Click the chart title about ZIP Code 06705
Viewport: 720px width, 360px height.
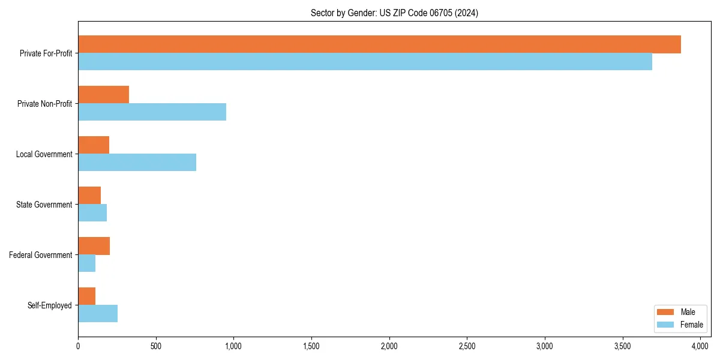pyautogui.click(x=394, y=13)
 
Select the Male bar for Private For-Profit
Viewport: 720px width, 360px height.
pyautogui.click(x=379, y=44)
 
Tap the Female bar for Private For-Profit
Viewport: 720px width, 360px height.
pyautogui.click(x=365, y=62)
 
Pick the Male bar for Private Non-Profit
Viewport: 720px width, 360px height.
pyautogui.click(x=103, y=95)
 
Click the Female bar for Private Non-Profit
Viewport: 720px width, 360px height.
pyautogui.click(x=152, y=112)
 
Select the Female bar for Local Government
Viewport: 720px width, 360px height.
pyautogui.click(x=137, y=163)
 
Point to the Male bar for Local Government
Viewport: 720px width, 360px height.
pyautogui.click(x=94, y=145)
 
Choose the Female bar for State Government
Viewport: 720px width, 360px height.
pyautogui.click(x=92, y=213)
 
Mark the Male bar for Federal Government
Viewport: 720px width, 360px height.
pyautogui.click(x=94, y=246)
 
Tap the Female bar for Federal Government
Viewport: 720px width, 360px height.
pyautogui.click(x=86, y=263)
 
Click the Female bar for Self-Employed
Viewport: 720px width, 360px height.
pyautogui.click(x=98, y=314)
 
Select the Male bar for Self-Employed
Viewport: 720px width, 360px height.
pyautogui.click(x=86, y=296)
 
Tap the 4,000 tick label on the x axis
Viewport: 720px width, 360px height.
pyautogui.click(x=700, y=346)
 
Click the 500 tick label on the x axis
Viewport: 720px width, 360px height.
pyautogui.click(x=156, y=346)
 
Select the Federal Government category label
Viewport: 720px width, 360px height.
pyautogui.click(x=40, y=255)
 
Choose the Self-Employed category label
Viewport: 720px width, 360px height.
pyautogui.click(x=49, y=305)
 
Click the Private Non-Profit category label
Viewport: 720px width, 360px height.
pyautogui.click(x=44, y=104)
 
